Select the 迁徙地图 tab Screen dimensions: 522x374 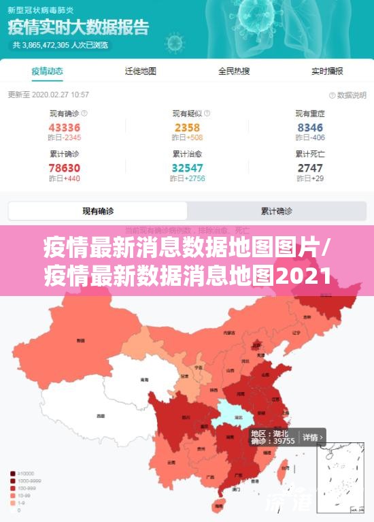click(141, 71)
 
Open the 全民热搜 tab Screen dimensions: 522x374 click(234, 71)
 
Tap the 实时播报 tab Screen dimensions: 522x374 click(327, 71)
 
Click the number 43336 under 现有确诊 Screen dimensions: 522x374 click(65, 127)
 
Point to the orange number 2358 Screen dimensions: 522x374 click(187, 127)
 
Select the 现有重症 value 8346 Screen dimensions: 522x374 click(310, 127)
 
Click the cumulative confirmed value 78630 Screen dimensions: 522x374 click(65, 167)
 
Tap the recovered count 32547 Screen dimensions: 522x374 click(187, 167)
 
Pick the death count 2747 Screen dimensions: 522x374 click(310, 167)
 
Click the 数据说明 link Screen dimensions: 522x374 click(347, 95)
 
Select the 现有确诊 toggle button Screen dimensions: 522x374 click(98, 211)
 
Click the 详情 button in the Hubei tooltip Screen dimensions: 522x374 click(311, 436)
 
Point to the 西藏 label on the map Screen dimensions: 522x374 click(101, 415)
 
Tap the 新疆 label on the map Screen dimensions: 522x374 click(80, 340)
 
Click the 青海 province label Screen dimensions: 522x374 click(144, 379)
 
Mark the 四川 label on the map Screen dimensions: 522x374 click(185, 416)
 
